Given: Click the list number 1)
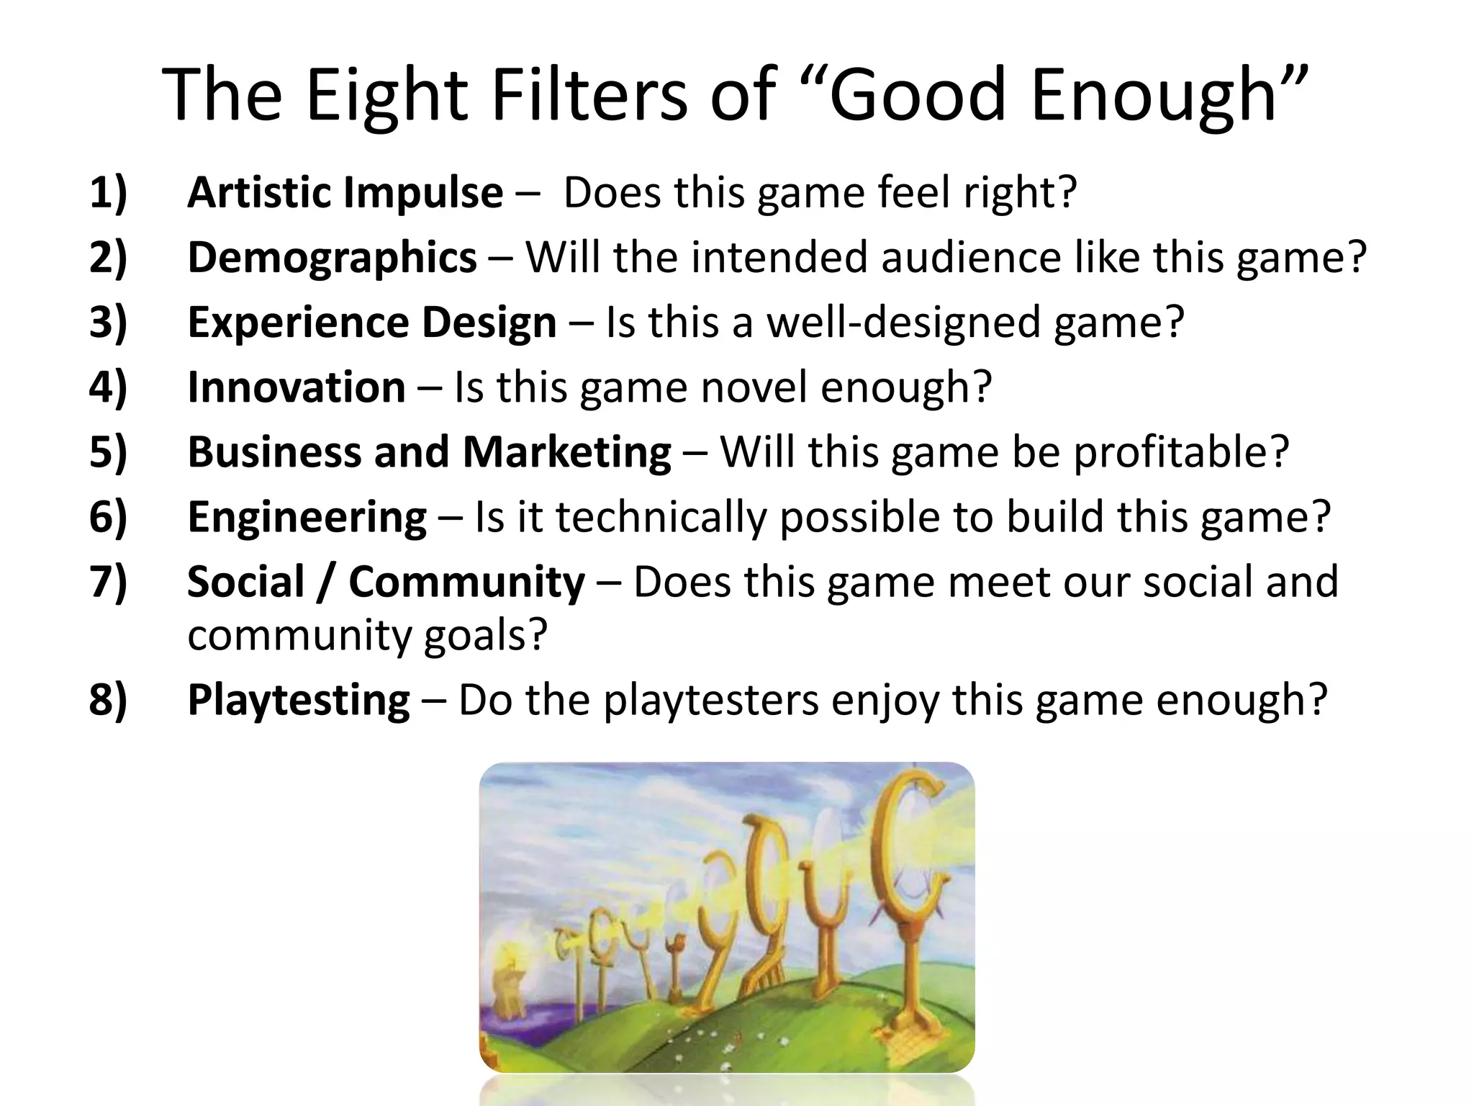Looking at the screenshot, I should point(108,193).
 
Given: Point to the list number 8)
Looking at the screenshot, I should point(108,700).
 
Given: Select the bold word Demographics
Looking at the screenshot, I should point(332,258).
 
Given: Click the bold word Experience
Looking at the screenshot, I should point(298,323).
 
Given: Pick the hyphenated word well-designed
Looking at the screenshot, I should point(903,323).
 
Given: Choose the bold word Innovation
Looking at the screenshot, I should point(297,387).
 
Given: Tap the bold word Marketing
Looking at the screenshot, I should point(567,452).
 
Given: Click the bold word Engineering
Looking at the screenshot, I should point(307,517).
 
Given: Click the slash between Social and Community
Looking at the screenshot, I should point(326,582).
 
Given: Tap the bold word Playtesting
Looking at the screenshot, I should point(299,700).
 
